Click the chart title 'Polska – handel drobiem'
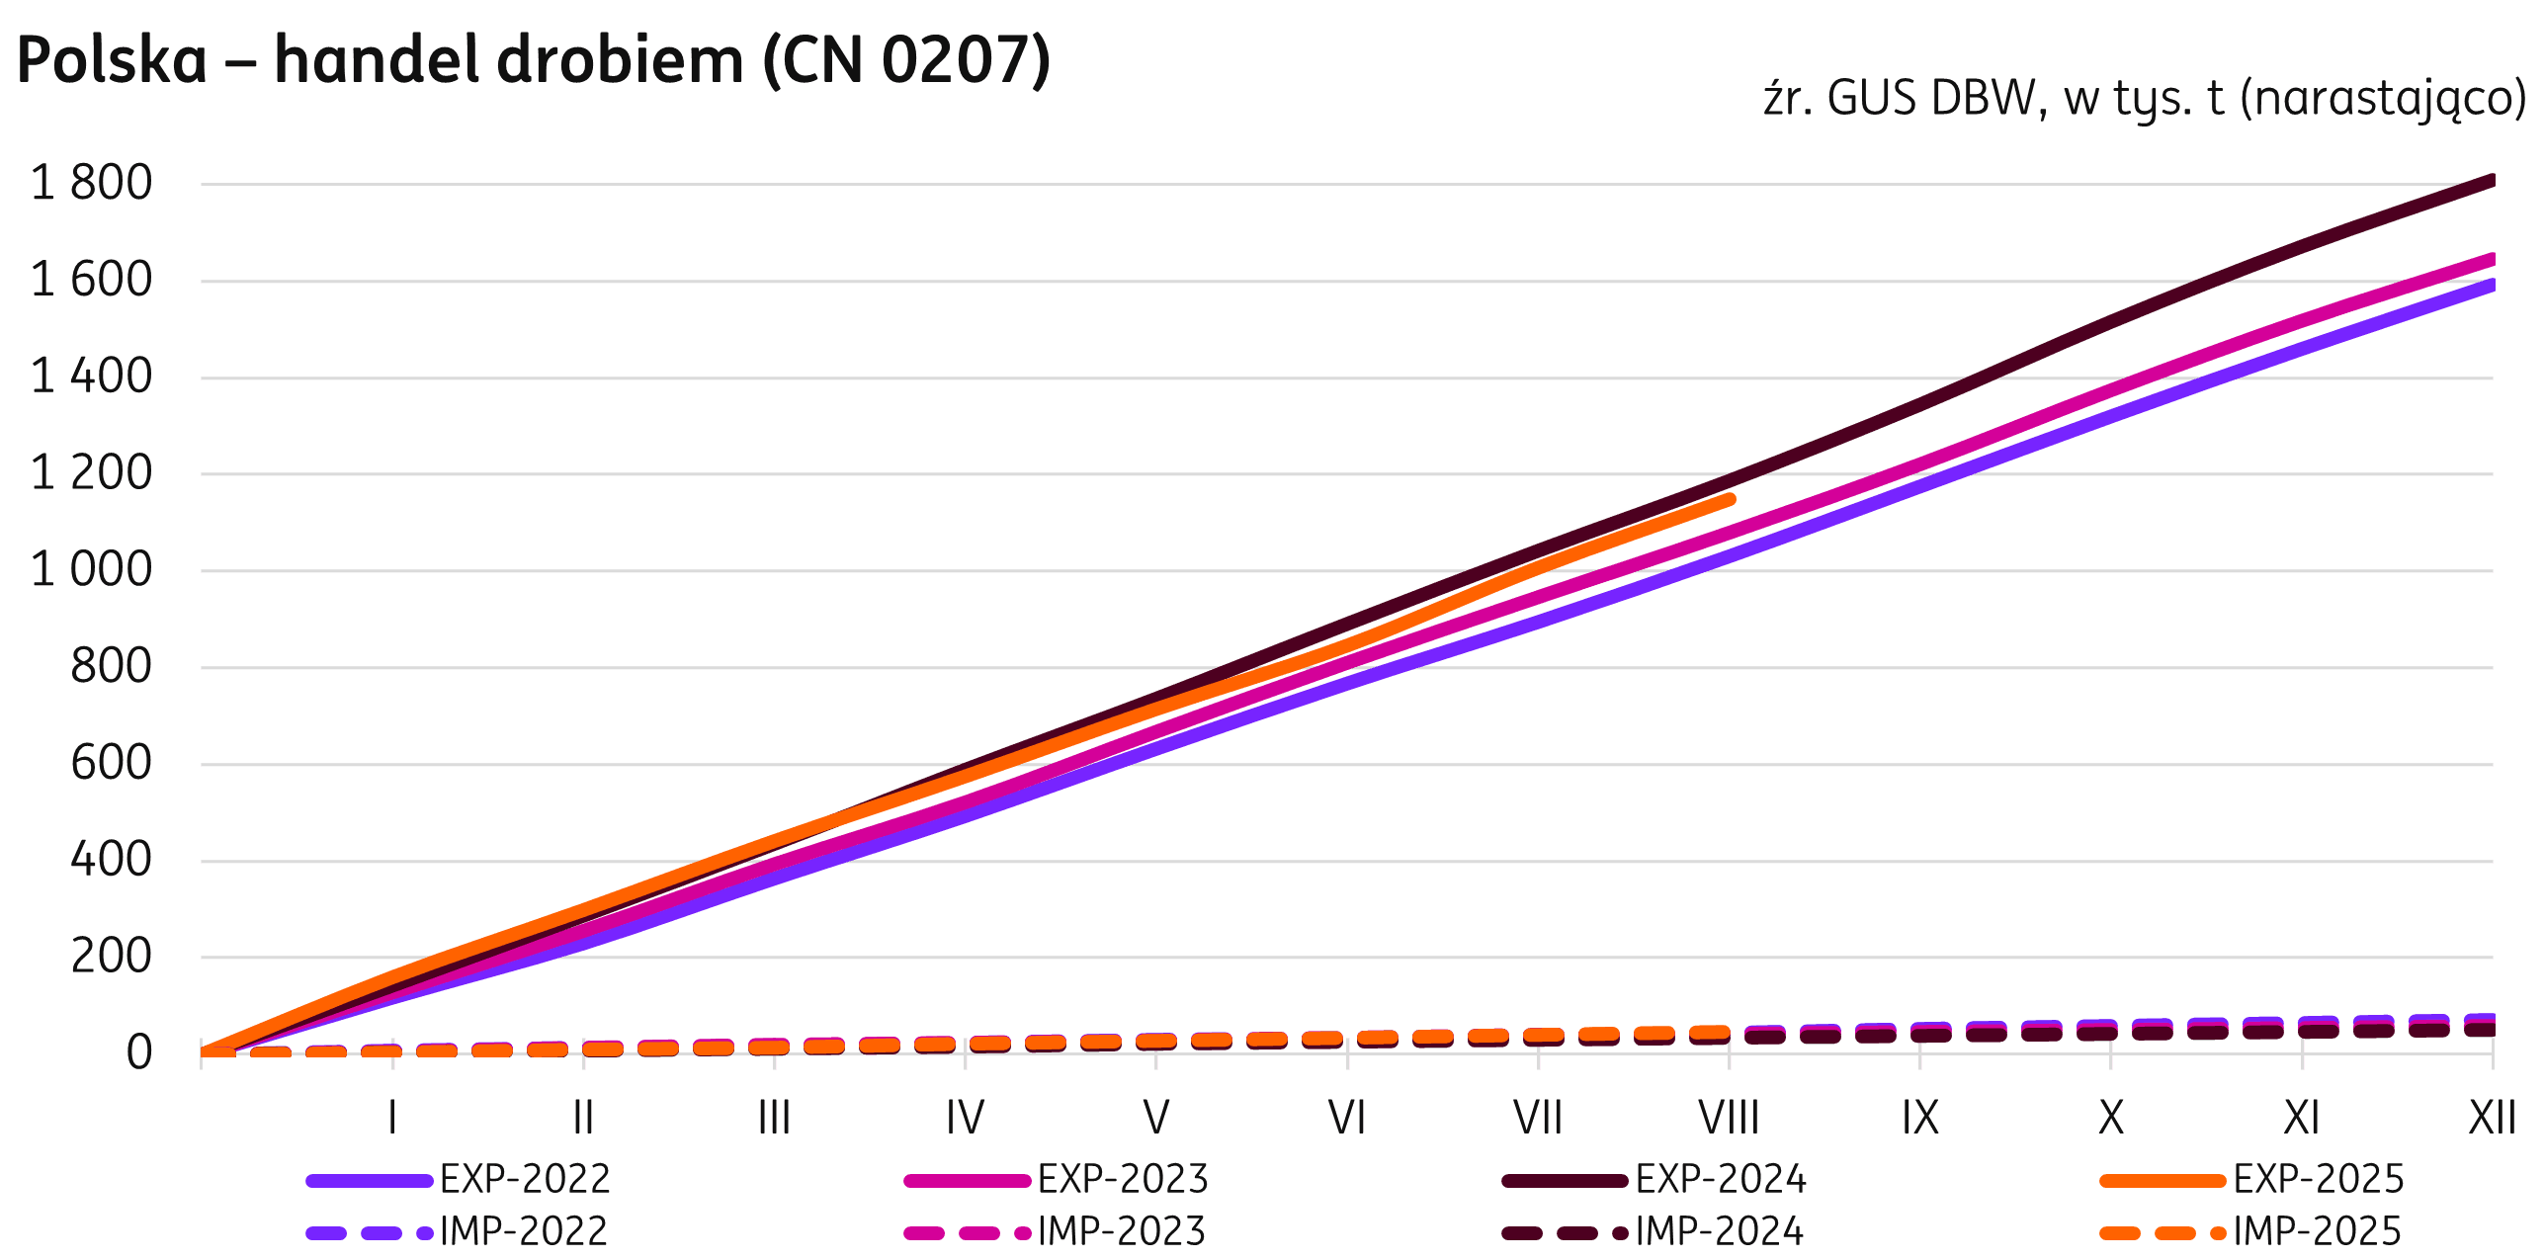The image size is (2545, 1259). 534,61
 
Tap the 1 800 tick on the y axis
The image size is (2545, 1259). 92,184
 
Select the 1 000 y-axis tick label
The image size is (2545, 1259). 92,570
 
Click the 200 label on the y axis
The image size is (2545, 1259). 111,957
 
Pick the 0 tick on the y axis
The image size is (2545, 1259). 139,1052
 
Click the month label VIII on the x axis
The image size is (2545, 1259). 1729,1118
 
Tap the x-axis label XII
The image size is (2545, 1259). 2492,1118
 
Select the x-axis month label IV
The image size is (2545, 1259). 965,1118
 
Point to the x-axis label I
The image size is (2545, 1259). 392,1118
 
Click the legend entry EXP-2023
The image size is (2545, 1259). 1123,1179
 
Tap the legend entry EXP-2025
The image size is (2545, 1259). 2319,1179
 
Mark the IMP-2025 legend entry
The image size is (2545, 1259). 2317,1231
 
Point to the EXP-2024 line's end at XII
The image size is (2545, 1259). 2491,181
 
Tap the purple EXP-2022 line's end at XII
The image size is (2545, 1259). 2491,286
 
